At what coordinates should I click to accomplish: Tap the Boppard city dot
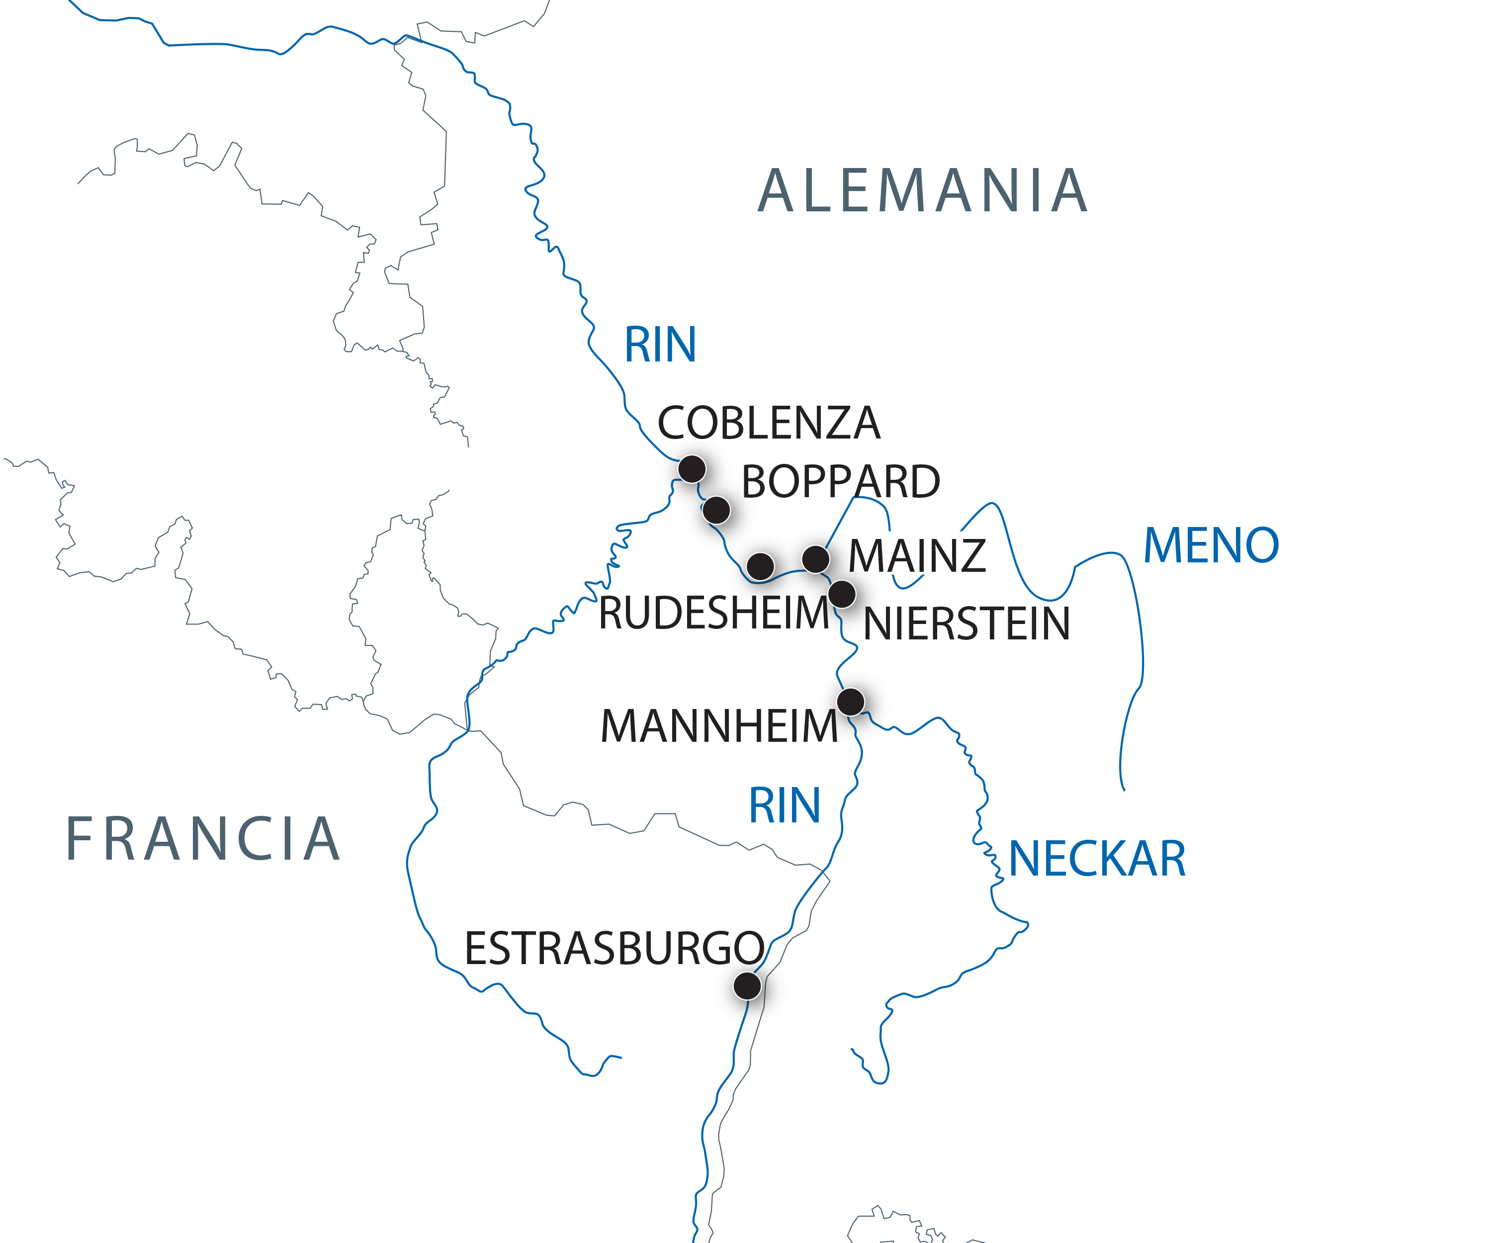point(716,510)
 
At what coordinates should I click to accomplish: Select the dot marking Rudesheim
point(760,566)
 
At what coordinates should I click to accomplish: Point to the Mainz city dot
point(815,559)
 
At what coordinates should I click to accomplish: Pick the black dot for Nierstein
point(842,594)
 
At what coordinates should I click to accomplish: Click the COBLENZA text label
point(769,423)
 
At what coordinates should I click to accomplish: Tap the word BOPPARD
point(841,482)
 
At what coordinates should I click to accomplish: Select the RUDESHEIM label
point(714,613)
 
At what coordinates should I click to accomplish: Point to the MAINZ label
point(917,556)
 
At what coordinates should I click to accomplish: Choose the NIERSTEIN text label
point(966,624)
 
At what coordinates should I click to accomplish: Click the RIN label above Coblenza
point(660,345)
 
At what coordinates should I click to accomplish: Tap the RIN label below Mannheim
point(785,806)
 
